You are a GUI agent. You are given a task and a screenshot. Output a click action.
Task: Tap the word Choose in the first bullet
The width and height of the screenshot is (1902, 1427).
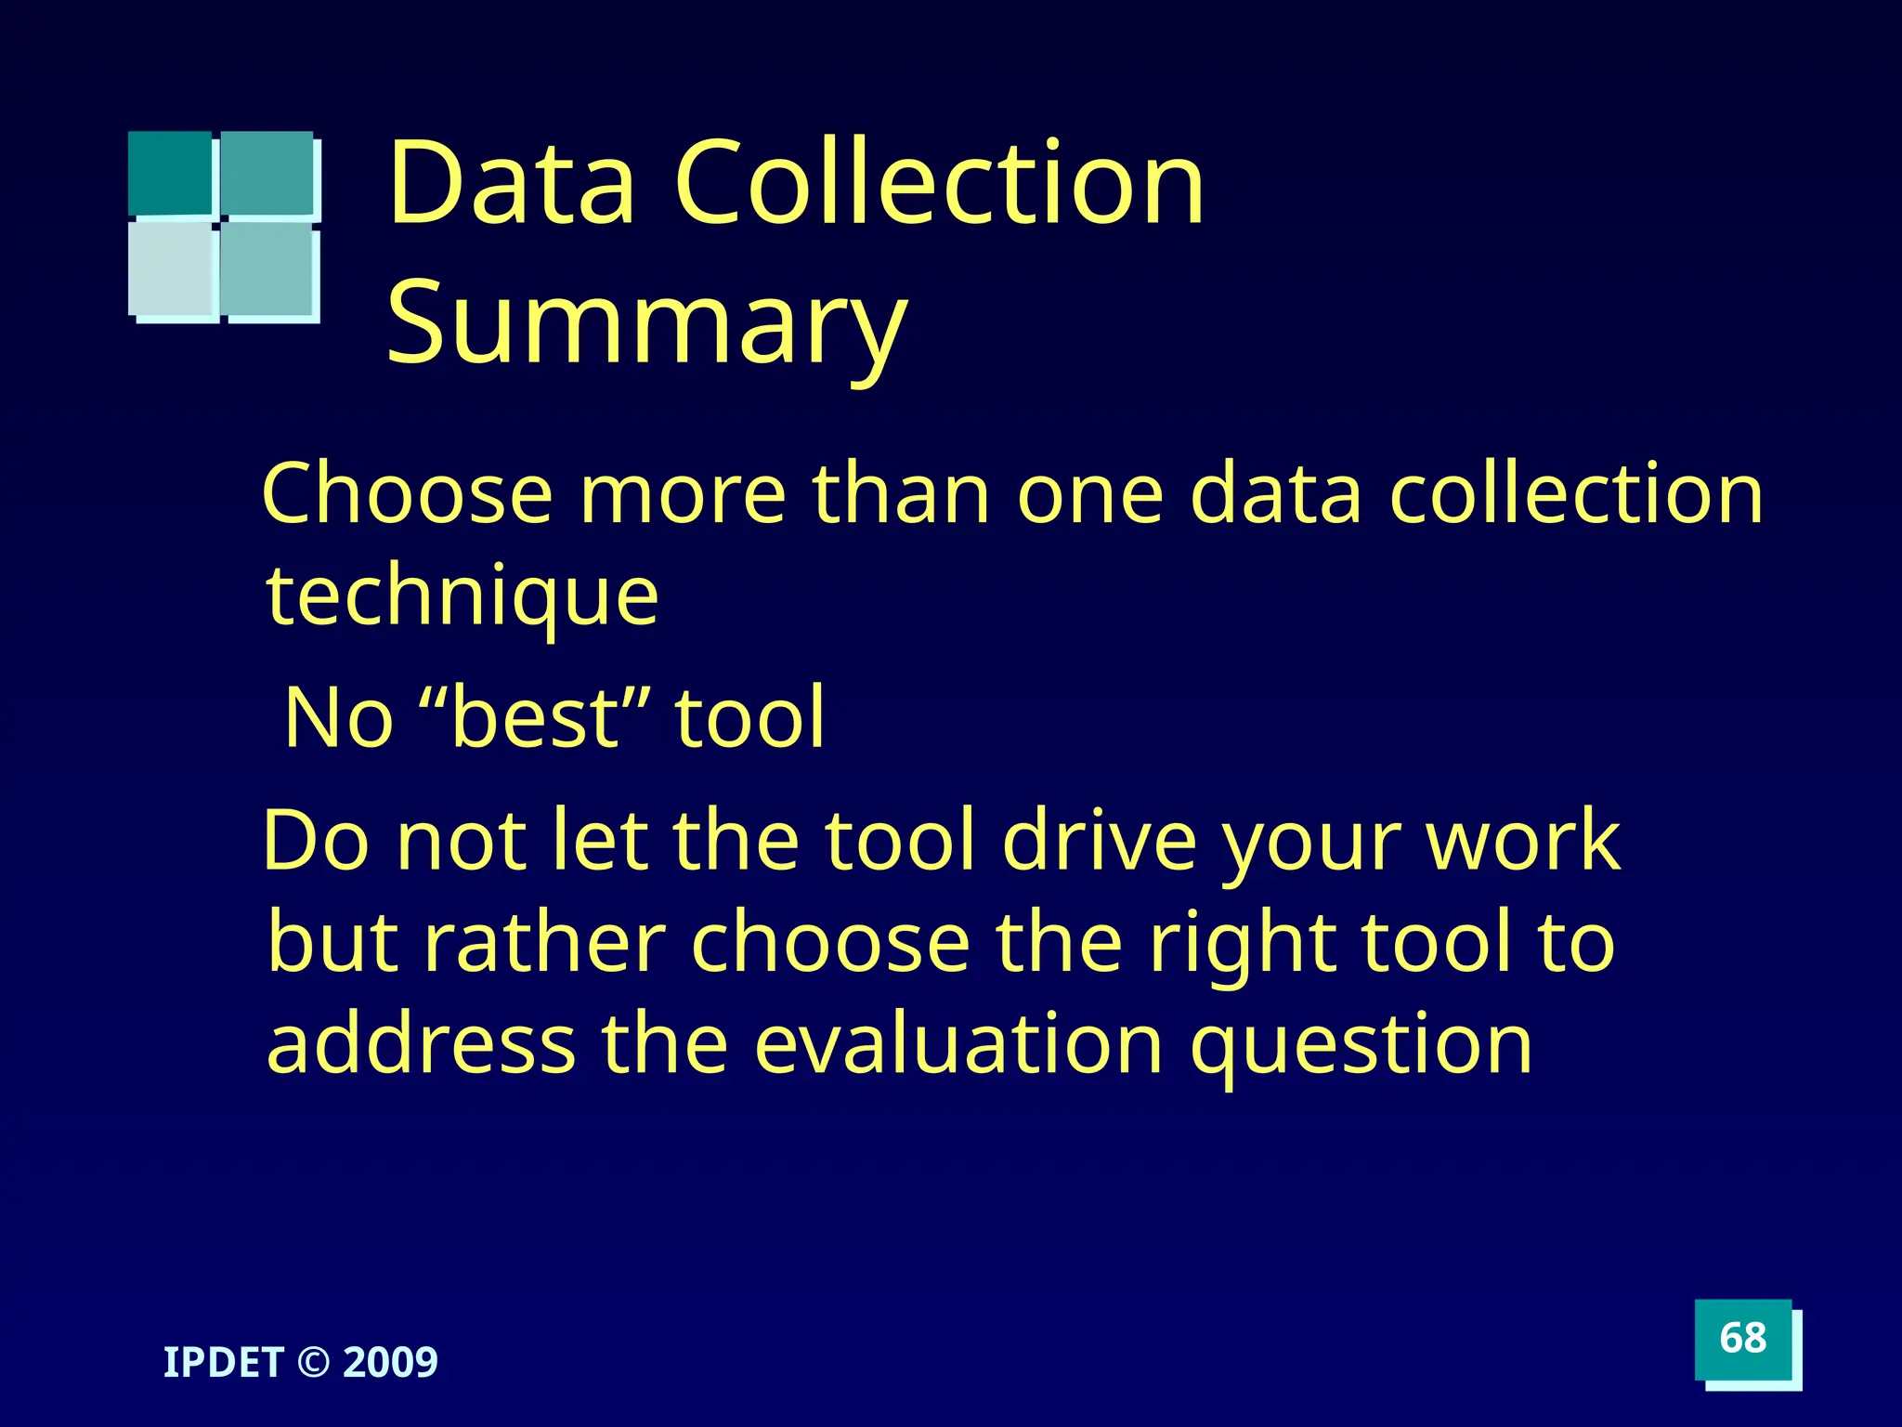[x=408, y=494]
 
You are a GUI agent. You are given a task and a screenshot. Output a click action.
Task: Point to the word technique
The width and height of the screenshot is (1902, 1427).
[x=462, y=596]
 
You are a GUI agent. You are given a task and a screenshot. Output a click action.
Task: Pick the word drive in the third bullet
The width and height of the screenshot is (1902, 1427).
[x=1100, y=840]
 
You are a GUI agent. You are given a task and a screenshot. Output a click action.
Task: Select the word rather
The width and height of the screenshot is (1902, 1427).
[x=544, y=942]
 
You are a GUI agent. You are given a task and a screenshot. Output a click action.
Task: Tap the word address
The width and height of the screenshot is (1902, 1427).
[x=421, y=1044]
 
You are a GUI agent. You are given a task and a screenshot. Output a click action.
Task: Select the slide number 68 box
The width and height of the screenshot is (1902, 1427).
[x=1743, y=1339]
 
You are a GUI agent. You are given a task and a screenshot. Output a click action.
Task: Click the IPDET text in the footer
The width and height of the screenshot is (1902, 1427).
[x=223, y=1363]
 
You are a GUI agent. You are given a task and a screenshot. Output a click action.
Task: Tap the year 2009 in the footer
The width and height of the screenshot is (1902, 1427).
[x=390, y=1363]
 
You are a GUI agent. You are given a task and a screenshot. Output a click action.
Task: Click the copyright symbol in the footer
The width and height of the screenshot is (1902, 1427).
[x=314, y=1363]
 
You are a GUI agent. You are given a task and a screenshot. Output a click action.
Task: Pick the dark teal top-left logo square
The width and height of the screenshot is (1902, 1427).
[x=170, y=173]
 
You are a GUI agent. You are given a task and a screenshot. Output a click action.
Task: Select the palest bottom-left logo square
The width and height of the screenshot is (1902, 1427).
[x=172, y=268]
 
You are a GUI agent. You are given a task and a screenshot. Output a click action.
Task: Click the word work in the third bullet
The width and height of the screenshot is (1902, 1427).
[x=1523, y=840]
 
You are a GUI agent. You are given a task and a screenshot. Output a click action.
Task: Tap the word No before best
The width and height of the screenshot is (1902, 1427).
[x=339, y=717]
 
